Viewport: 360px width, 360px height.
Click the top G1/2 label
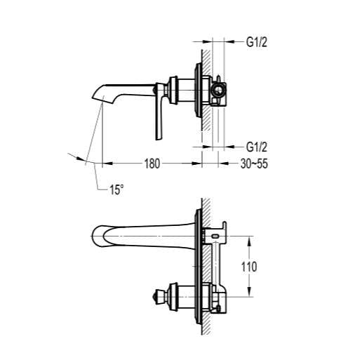[258, 42]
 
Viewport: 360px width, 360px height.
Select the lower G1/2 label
[258, 147]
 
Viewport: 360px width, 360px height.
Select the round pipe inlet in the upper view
[218, 90]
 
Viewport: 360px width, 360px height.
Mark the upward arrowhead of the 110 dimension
[251, 239]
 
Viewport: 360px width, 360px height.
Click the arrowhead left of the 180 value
[107, 164]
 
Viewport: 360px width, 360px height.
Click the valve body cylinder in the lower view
[185, 296]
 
